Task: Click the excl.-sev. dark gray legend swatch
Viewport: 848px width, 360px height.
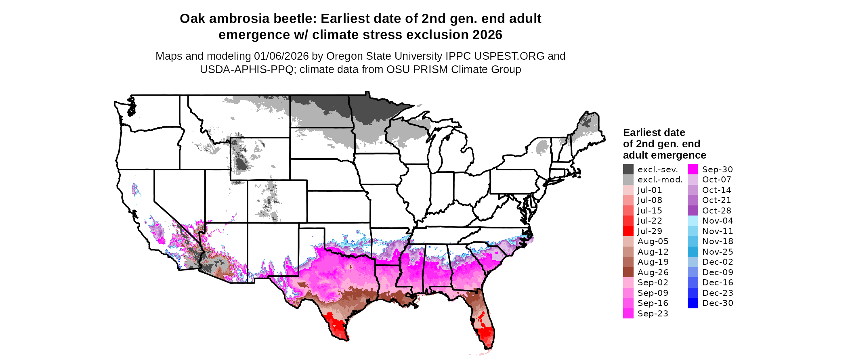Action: pyautogui.click(x=628, y=170)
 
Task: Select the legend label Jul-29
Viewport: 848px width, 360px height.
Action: pyautogui.click(x=650, y=231)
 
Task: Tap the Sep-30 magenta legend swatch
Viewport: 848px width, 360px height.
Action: pyautogui.click(x=693, y=170)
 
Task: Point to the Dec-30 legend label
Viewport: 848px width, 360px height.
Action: pyautogui.click(x=717, y=303)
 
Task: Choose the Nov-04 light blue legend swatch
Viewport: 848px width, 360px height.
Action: pyautogui.click(x=693, y=221)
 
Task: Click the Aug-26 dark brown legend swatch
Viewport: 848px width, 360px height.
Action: pyautogui.click(x=628, y=272)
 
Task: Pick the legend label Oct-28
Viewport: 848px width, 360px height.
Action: pyautogui.click(x=716, y=211)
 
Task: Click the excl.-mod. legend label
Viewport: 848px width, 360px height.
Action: pyautogui.click(x=660, y=180)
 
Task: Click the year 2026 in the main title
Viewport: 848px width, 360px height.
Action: pyautogui.click(x=487, y=35)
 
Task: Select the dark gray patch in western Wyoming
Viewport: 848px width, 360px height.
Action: pyautogui.click(x=241, y=163)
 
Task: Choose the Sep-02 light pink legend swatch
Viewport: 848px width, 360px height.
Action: pyautogui.click(x=628, y=283)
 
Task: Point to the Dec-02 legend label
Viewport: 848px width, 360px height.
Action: pyautogui.click(x=717, y=262)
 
